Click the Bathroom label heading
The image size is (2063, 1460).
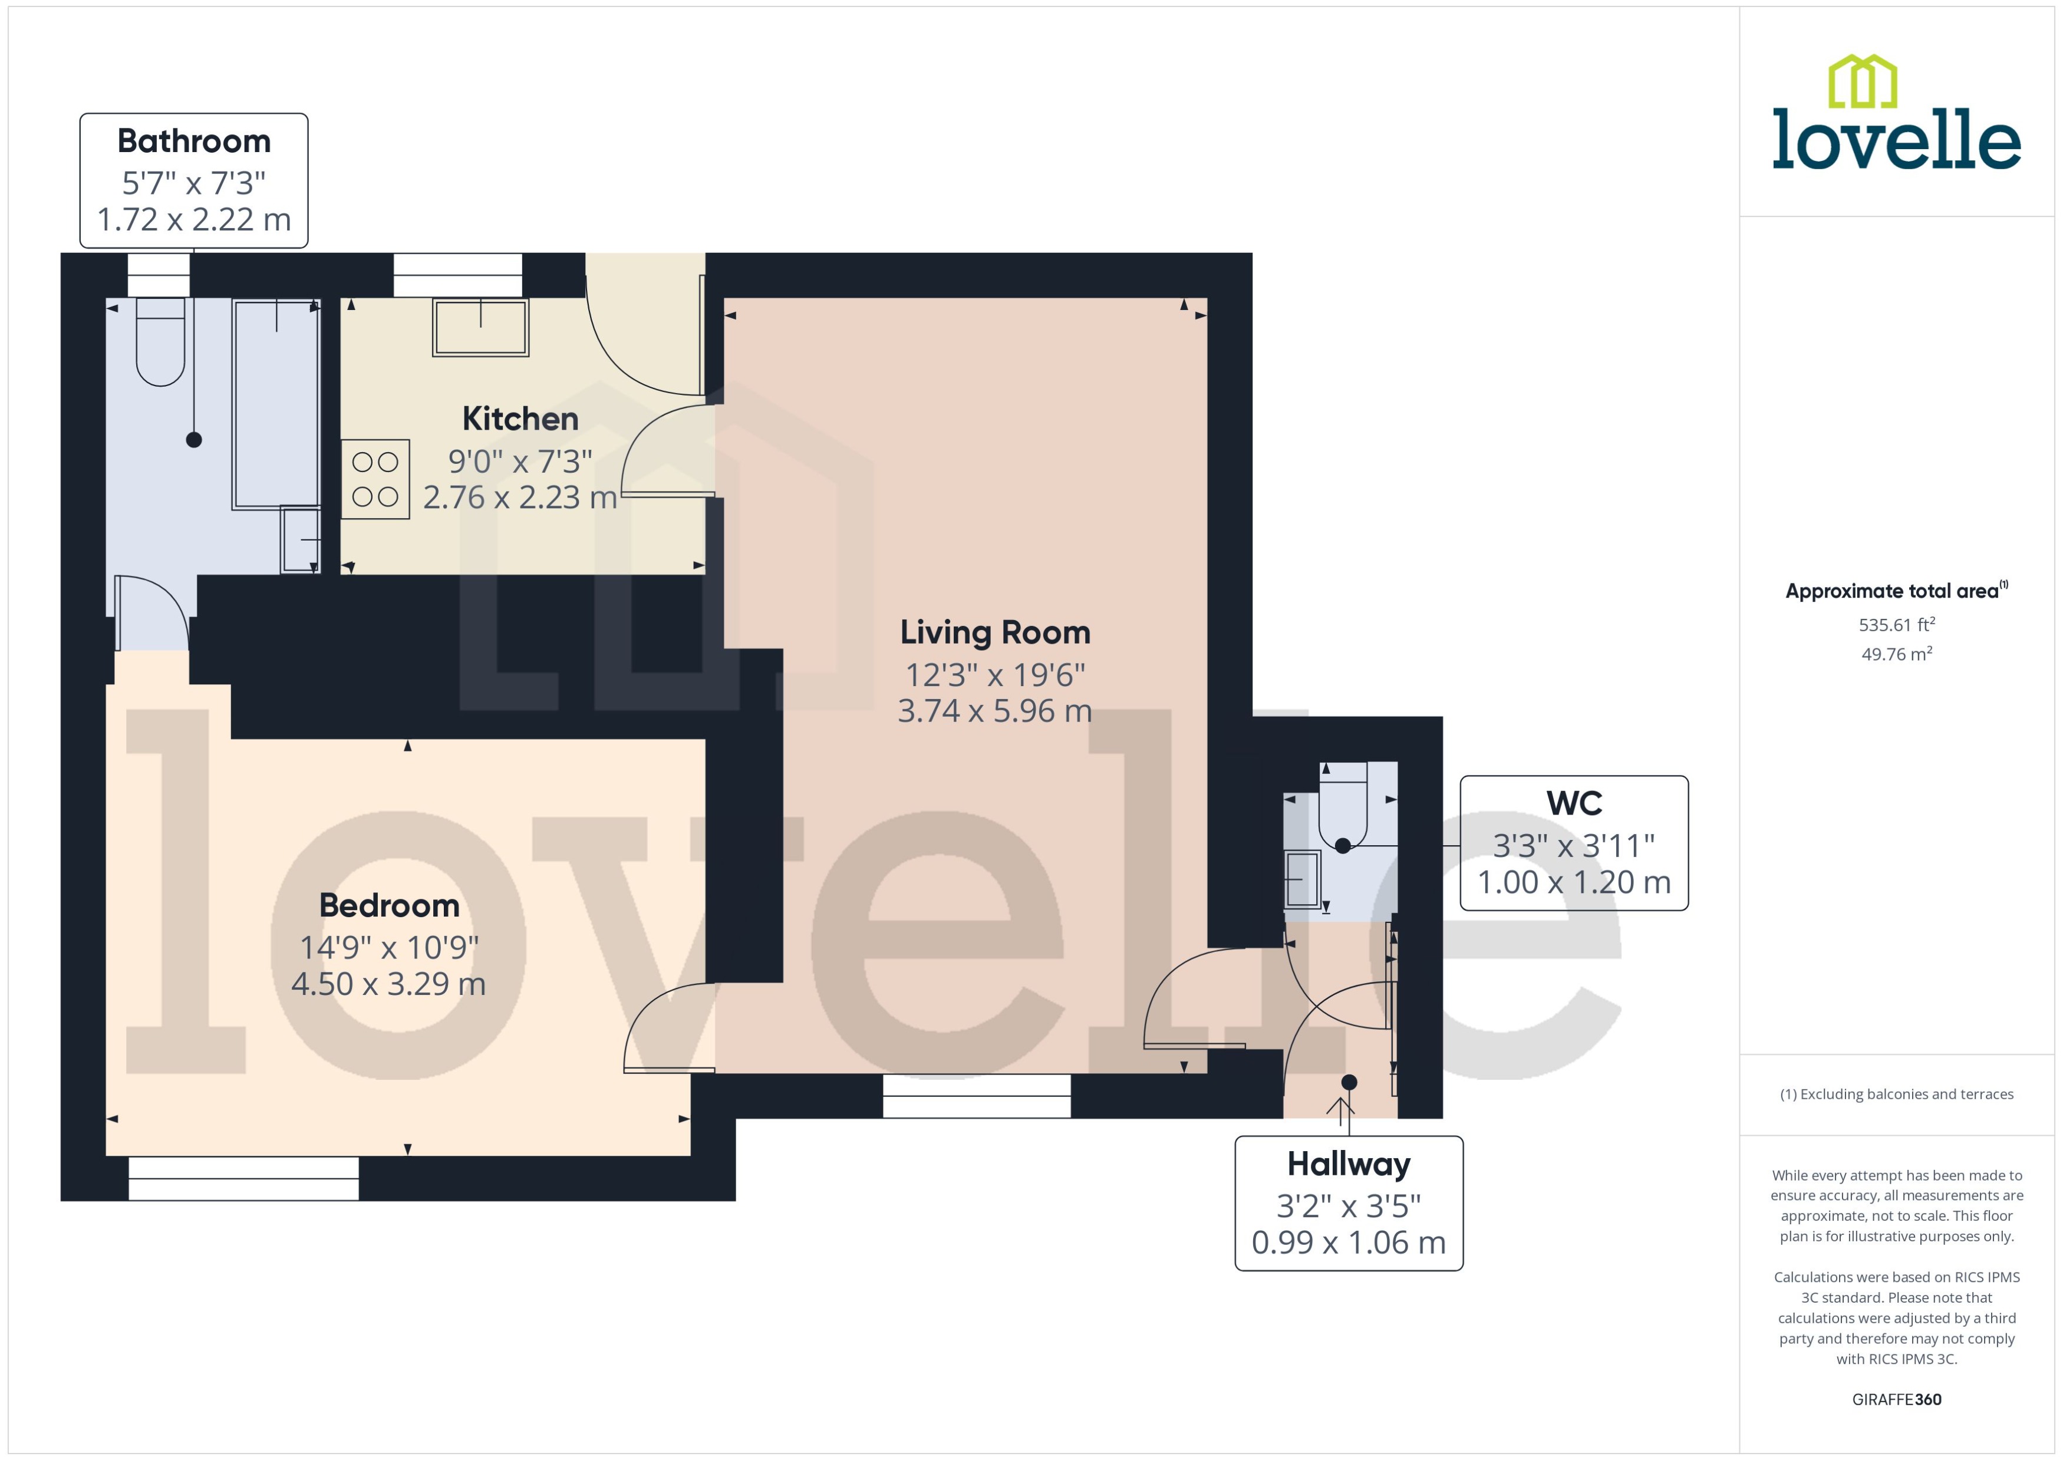pos(193,141)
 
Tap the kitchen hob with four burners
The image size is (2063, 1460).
pos(375,479)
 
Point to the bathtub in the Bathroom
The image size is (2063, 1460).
pos(275,404)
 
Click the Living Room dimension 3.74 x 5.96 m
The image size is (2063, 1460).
pos(994,711)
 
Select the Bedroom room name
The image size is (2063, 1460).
pos(389,905)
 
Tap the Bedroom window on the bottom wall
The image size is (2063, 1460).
pos(243,1178)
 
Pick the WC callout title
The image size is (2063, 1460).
pos(1573,803)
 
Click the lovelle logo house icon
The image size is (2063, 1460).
pos(1863,81)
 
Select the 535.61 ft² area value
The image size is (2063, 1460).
pos(1896,625)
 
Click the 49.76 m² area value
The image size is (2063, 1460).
pos(1896,654)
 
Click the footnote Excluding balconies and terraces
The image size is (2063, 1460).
pos(1896,1094)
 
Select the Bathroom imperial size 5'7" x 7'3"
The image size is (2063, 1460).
pos(193,183)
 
